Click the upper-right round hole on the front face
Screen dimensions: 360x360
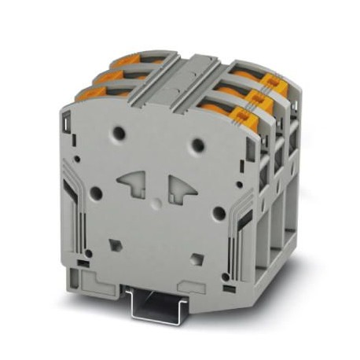point(200,144)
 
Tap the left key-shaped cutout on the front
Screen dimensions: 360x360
point(135,185)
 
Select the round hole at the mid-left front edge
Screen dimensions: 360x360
point(95,191)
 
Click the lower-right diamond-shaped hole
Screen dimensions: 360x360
point(197,256)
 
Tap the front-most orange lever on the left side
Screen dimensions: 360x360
point(92,94)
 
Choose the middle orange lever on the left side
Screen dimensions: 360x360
point(108,75)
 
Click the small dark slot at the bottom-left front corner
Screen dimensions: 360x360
point(80,259)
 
